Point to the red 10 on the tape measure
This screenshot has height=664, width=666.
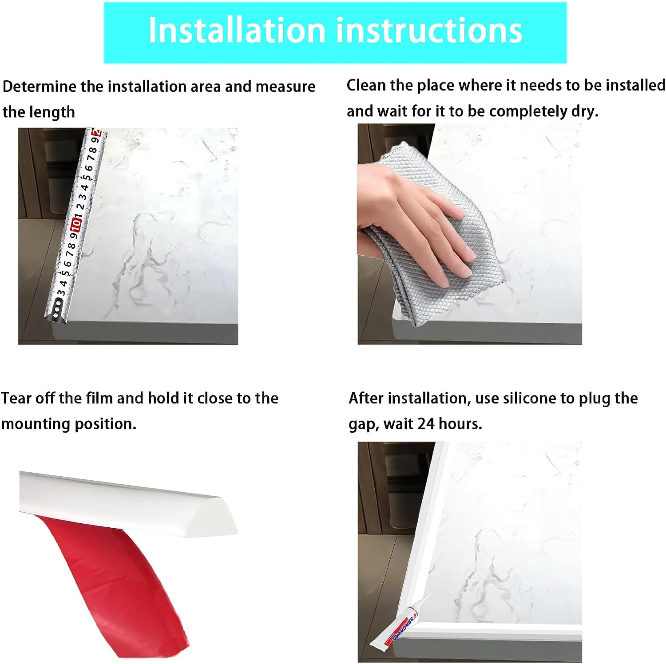point(77,223)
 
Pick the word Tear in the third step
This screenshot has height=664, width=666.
point(16,398)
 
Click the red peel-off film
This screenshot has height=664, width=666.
point(111,577)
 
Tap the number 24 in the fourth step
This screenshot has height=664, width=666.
point(426,424)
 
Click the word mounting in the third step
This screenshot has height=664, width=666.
point(36,424)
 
